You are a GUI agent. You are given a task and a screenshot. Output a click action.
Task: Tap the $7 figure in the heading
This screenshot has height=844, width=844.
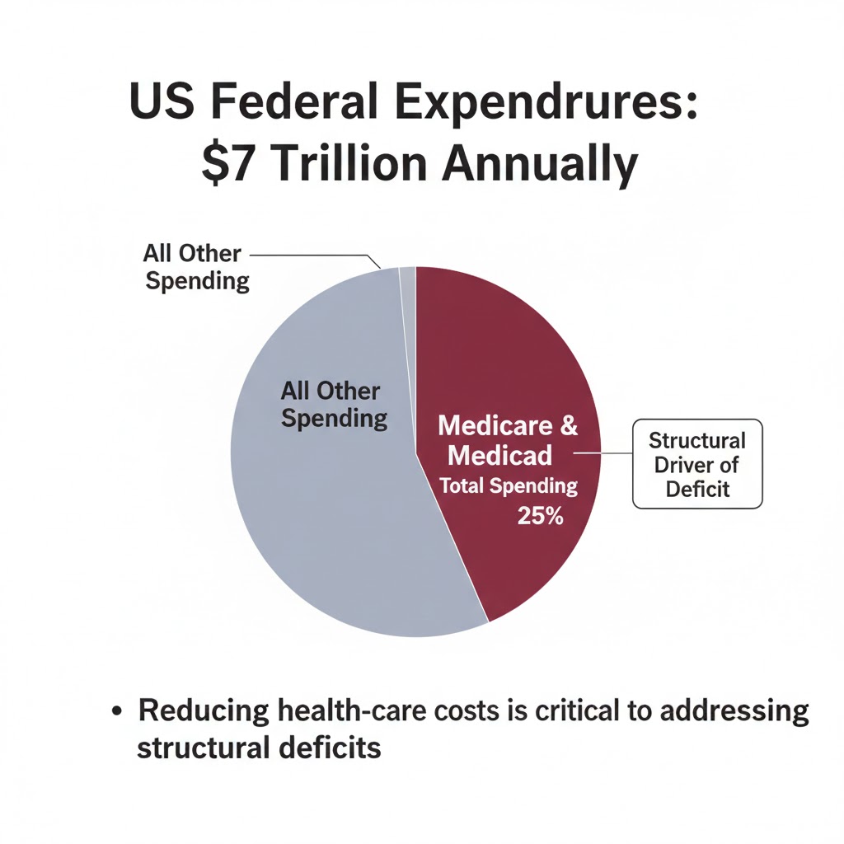[222, 164]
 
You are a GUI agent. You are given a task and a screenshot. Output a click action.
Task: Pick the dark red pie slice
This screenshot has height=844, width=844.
[511, 363]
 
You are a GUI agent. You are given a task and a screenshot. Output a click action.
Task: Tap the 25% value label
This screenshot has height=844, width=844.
[541, 517]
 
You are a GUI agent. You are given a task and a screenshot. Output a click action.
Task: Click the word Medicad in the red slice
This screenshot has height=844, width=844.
[501, 454]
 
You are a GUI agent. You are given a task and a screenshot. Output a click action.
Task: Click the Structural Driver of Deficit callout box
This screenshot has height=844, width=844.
[697, 463]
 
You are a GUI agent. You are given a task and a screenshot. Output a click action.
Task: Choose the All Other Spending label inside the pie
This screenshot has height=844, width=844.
[333, 404]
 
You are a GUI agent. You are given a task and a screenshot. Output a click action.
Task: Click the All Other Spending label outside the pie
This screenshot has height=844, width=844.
[196, 267]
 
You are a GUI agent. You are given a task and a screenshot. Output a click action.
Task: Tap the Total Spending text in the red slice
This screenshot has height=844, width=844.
[508, 486]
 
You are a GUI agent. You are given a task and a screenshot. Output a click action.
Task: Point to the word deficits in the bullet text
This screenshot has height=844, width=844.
[328, 748]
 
